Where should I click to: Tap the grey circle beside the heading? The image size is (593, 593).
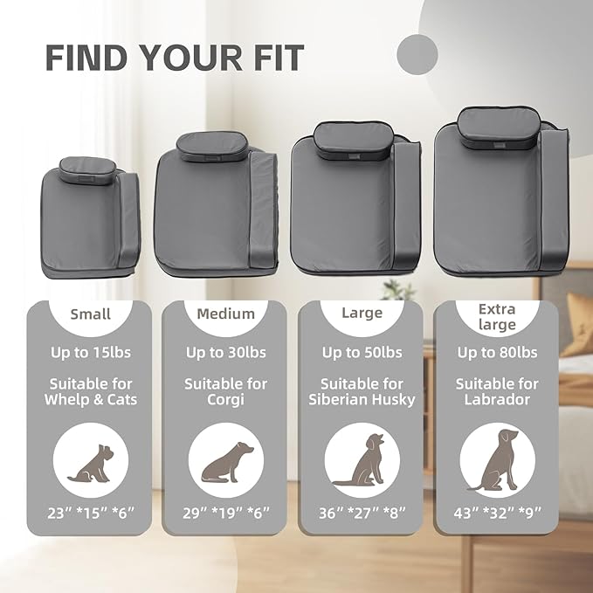click(417, 54)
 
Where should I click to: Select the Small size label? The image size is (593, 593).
click(90, 314)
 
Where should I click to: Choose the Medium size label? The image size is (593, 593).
click(226, 314)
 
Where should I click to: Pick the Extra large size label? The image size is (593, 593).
click(497, 317)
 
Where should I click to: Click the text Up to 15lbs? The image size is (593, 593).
click(91, 353)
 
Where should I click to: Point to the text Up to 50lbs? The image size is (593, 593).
click(362, 353)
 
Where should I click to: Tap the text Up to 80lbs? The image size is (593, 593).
click(497, 353)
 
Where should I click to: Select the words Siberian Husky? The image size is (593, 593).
click(362, 400)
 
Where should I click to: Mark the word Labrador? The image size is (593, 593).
click(497, 399)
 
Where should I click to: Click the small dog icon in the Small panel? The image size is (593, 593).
click(91, 464)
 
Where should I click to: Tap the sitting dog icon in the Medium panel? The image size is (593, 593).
click(226, 462)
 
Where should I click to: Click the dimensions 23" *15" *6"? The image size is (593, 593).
click(91, 513)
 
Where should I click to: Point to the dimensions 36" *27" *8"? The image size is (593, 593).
click(362, 513)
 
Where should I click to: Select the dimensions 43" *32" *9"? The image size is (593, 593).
click(497, 513)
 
